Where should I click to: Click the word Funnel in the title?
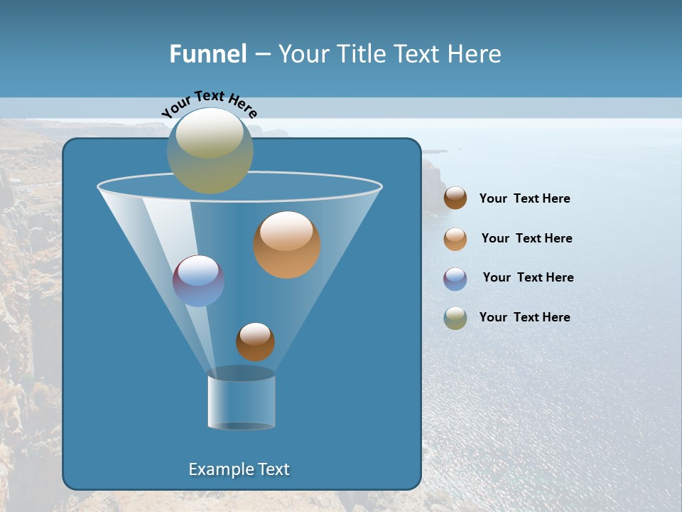click(x=207, y=54)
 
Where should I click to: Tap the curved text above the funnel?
click(x=209, y=104)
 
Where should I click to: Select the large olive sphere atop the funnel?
click(x=210, y=151)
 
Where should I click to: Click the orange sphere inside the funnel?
click(x=287, y=245)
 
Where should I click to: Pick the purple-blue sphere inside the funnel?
click(x=198, y=281)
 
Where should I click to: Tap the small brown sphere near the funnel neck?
click(x=255, y=342)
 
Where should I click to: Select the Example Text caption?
click(x=239, y=469)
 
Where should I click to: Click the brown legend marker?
click(x=455, y=198)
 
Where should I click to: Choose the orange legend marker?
click(x=455, y=239)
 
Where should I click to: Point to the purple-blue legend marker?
click(x=455, y=279)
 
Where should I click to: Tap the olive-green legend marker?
click(x=455, y=318)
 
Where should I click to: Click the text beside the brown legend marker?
click(x=525, y=199)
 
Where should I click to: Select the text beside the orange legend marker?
click(x=526, y=239)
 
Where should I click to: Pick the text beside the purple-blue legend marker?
click(x=528, y=277)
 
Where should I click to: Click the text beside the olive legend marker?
click(x=525, y=317)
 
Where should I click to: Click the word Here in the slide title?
click(x=475, y=54)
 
